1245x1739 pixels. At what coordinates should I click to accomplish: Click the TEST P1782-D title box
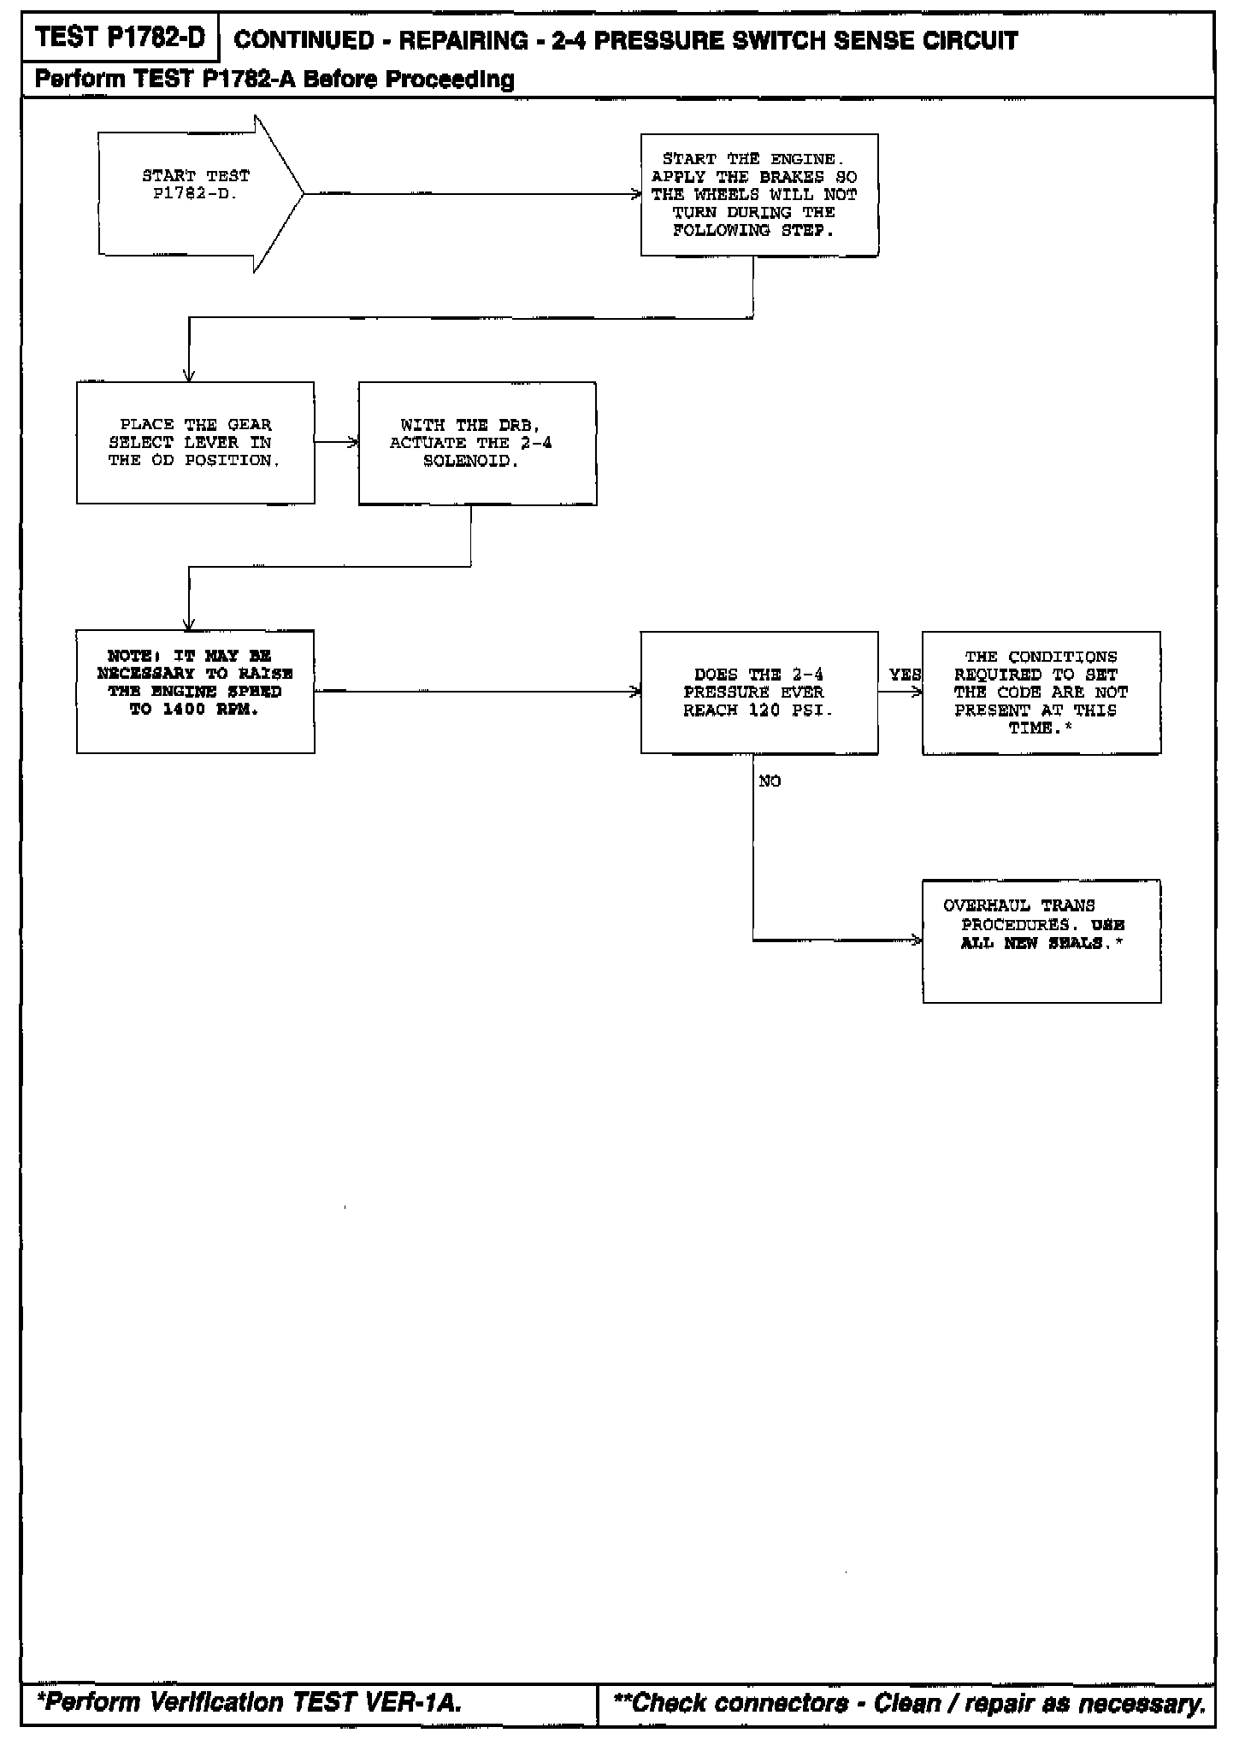[121, 38]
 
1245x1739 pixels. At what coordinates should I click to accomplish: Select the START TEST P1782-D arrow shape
[197, 194]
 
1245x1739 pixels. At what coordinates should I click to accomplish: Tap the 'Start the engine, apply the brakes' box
[759, 195]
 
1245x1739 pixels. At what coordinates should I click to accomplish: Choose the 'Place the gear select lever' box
[195, 443]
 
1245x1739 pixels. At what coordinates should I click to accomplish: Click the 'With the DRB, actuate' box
[477, 443]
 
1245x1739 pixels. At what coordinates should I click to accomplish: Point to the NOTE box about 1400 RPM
[195, 692]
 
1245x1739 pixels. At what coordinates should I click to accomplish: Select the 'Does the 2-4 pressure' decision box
[759, 693]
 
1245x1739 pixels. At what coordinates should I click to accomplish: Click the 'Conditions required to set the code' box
[1041, 693]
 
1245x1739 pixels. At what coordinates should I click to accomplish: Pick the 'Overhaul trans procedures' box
[1041, 940]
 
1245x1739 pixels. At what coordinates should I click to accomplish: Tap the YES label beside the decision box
[904, 675]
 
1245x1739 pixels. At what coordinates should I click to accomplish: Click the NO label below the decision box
[770, 781]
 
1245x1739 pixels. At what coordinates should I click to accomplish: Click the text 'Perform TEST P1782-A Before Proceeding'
[274, 80]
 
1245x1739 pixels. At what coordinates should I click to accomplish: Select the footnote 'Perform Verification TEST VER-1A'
[249, 1703]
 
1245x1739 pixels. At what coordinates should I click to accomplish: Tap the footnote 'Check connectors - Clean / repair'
[910, 1703]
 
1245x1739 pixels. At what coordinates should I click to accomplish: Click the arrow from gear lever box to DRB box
[336, 443]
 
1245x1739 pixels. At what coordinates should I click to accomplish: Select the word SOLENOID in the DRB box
[471, 461]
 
